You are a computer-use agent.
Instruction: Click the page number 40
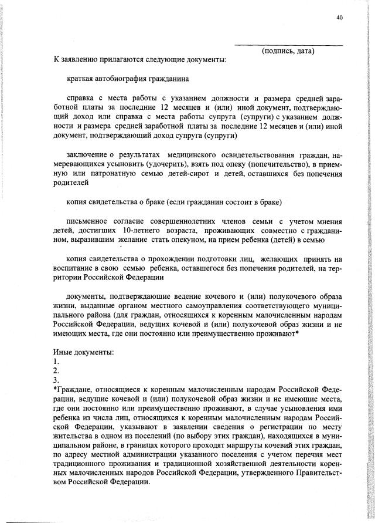(x=339, y=18)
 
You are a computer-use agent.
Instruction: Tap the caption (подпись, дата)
(x=288, y=51)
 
